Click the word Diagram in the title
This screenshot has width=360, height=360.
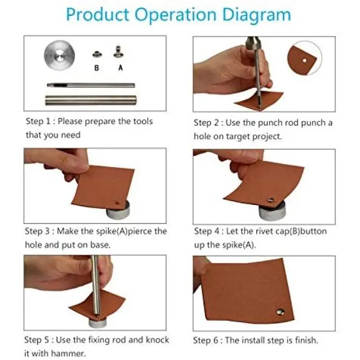tap(256, 15)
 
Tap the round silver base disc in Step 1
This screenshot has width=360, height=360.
tap(60, 55)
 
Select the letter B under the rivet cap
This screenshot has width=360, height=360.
tap(96, 68)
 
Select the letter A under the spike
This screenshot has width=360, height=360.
tap(120, 68)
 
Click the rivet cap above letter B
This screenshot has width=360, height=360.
tap(97, 54)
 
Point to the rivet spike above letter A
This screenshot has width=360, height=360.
tap(119, 52)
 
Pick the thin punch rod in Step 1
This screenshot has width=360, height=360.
tap(91, 85)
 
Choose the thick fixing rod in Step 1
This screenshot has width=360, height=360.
tap(91, 100)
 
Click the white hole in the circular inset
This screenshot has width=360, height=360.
tap(305, 60)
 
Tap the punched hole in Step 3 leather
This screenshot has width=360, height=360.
tap(118, 203)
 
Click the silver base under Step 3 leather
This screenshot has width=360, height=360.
tap(118, 210)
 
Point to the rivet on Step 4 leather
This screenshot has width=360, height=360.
tap(271, 201)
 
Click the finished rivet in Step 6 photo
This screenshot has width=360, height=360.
tap(280, 312)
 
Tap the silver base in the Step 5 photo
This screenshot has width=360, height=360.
tap(97, 322)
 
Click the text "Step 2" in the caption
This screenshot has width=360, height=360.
tap(206, 123)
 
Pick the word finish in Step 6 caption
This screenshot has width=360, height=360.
tap(305, 340)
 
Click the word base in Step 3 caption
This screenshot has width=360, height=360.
tap(100, 245)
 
